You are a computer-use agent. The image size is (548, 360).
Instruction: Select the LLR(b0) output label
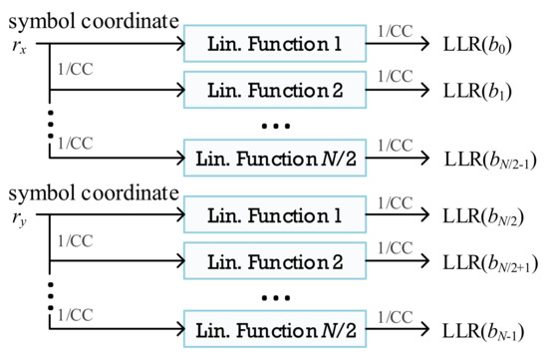click(486, 44)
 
